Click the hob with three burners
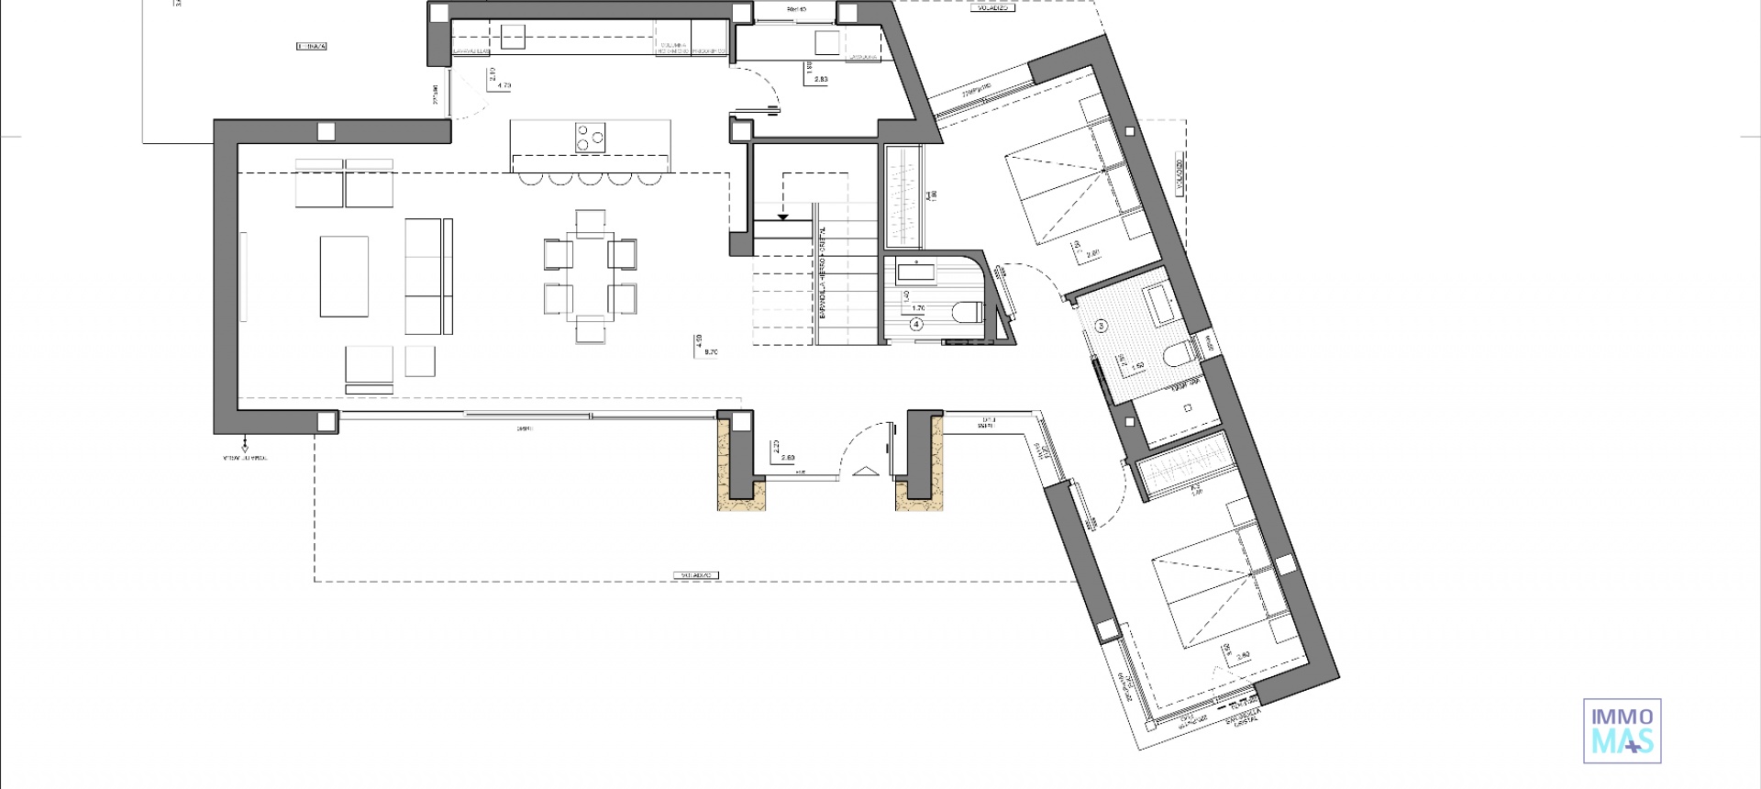591,137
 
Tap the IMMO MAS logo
1622,730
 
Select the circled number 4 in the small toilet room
915,323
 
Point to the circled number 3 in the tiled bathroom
1102,325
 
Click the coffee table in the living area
344,276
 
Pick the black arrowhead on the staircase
783,217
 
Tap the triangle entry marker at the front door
864,472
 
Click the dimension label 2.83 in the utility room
820,80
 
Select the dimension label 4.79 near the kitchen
503,85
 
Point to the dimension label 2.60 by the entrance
786,457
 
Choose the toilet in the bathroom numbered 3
1175,354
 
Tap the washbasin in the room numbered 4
914,272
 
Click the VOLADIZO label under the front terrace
696,576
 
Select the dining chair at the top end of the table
591,220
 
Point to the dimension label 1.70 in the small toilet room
918,308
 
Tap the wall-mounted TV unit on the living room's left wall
243,276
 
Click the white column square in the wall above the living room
326,132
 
